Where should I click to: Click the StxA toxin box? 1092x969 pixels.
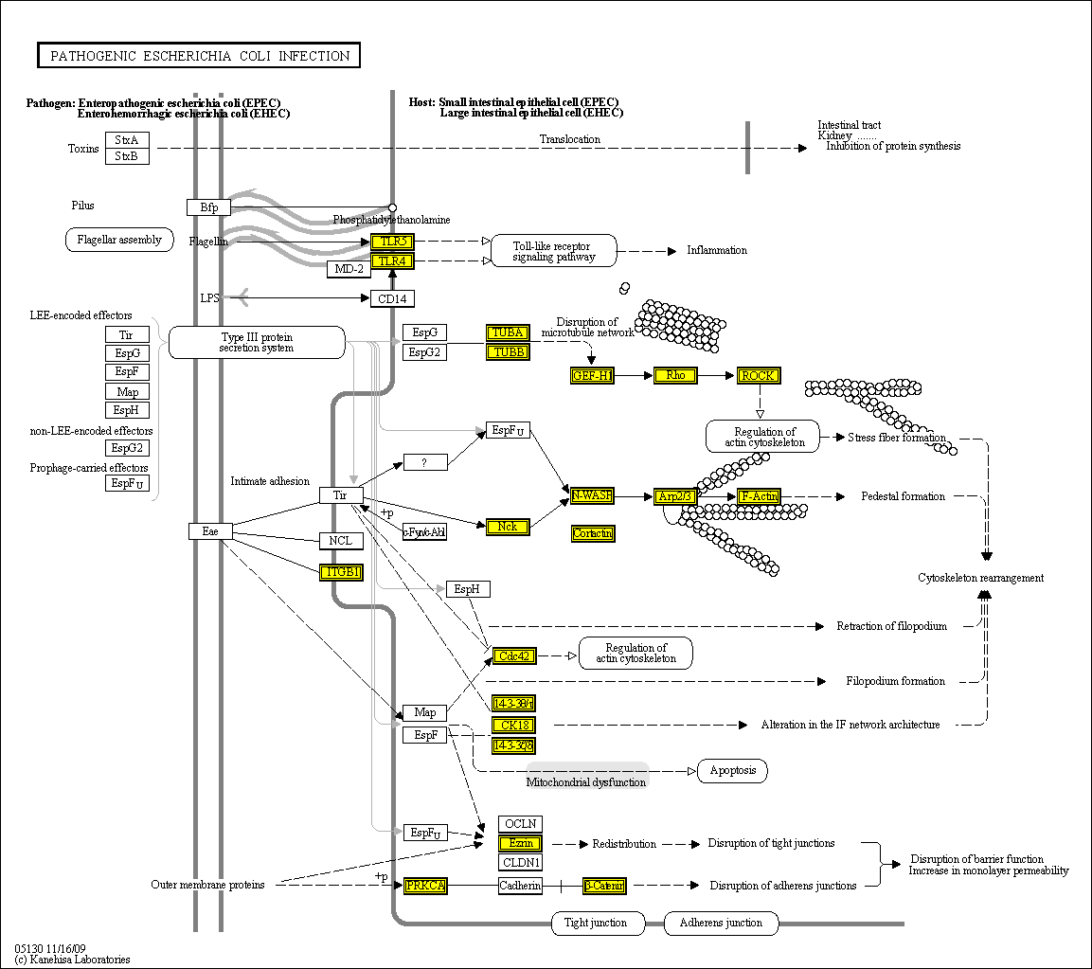127,140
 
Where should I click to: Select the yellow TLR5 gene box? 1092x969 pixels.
391,242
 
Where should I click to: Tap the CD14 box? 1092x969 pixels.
391,298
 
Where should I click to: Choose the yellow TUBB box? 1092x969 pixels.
507,351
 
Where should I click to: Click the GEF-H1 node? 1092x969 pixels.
593,376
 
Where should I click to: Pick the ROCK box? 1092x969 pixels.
758,376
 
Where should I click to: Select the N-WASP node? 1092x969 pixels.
592,495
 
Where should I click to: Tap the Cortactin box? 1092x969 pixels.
593,533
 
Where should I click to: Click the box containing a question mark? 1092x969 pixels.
425,462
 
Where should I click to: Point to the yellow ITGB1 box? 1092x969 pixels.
341,571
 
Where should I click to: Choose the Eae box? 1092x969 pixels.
210,531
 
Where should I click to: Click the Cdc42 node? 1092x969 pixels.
513,655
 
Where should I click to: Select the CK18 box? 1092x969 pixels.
513,725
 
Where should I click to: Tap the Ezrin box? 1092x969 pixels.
521,843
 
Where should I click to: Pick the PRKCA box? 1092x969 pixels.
425,886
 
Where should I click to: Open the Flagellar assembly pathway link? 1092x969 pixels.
119,240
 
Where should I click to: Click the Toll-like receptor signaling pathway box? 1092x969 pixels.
554,250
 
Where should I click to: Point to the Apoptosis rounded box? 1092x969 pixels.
732,770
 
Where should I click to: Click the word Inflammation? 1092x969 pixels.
717,250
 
